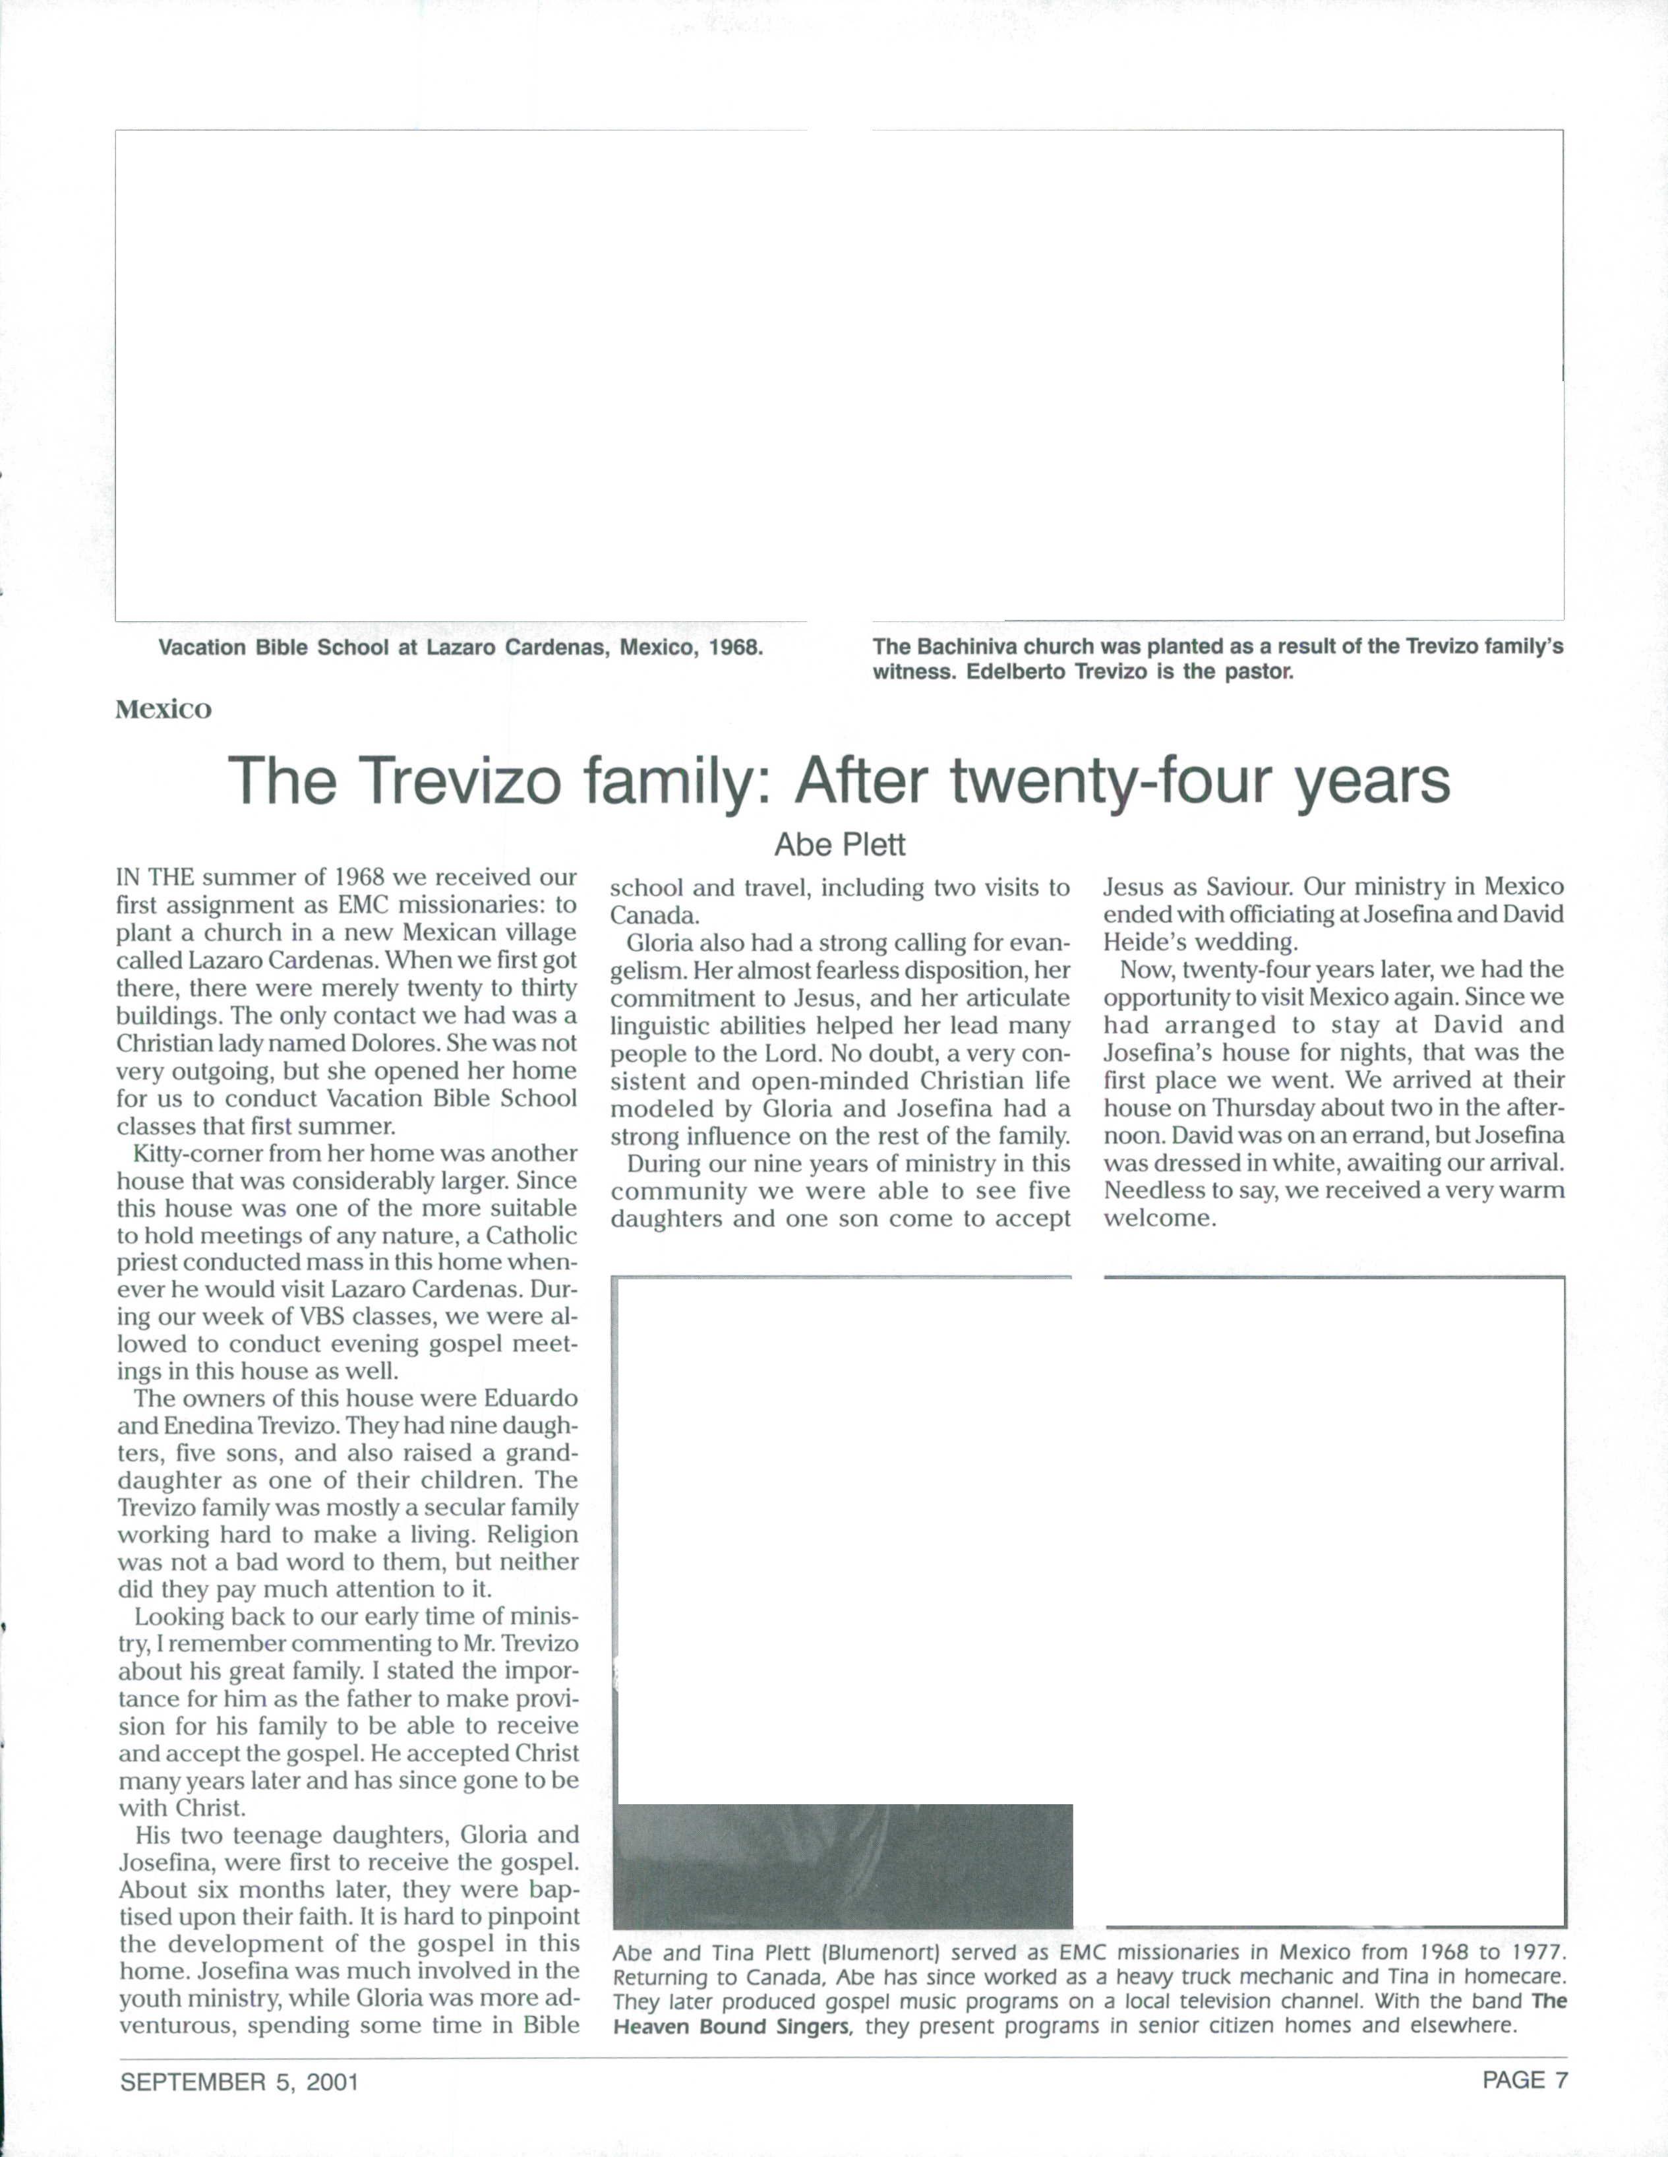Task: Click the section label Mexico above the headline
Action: [163, 710]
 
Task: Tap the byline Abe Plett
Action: [839, 845]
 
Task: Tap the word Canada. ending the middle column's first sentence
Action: [655, 915]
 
